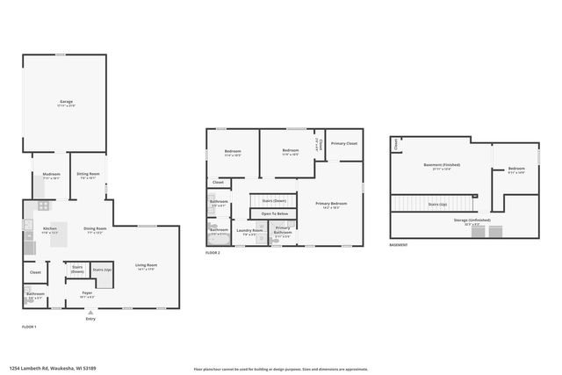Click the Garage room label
click(66, 102)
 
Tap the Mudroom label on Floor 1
click(51, 175)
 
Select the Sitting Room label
click(88, 174)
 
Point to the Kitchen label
click(50, 231)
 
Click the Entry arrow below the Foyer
click(90, 314)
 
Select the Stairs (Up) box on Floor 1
click(102, 269)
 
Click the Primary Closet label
click(343, 142)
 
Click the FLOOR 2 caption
click(213, 252)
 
